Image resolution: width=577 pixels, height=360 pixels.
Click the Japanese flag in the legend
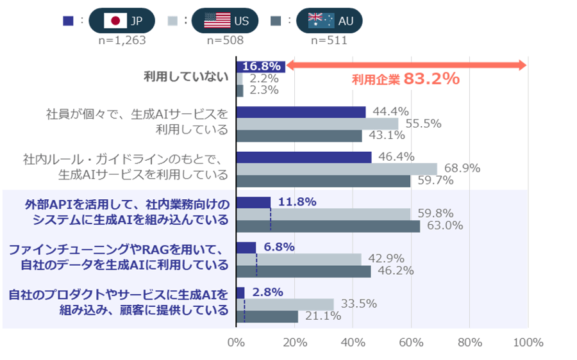[115, 20]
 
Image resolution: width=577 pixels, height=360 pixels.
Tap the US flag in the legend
[217, 20]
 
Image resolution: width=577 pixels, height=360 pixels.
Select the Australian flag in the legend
[321, 20]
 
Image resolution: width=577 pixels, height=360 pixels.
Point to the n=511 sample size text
[329, 40]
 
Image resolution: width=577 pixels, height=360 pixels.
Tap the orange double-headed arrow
[406, 65]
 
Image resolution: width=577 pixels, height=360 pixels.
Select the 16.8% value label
[260, 66]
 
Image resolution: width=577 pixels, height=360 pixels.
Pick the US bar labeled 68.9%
[337, 169]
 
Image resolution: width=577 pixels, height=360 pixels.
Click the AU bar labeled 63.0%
[328, 226]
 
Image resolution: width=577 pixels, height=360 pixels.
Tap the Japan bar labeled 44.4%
[301, 112]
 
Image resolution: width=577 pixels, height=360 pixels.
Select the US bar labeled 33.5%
[285, 304]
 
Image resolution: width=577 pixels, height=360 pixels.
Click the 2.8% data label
[268, 292]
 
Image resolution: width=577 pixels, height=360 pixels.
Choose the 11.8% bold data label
[296, 202]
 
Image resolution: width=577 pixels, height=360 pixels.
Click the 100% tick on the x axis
[528, 343]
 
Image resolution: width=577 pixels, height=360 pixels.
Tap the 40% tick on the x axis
[353, 343]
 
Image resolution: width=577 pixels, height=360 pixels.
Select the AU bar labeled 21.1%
[267, 316]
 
